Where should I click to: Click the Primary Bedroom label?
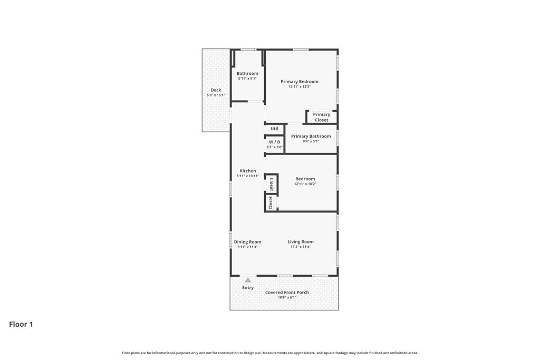coord(300,82)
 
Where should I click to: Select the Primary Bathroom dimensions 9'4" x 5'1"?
coord(311,141)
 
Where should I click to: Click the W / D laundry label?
coord(275,142)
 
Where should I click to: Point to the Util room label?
coord(274,129)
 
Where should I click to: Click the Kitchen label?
coord(248,171)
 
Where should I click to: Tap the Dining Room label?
coord(248,242)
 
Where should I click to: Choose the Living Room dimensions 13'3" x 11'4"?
coord(301,247)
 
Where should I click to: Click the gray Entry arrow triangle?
coord(248,280)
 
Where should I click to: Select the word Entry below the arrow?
coord(248,288)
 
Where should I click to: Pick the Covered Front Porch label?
coord(287,293)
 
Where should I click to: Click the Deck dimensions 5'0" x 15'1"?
coord(216,95)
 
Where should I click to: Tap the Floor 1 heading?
coord(21,325)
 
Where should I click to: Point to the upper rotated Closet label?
coord(271,184)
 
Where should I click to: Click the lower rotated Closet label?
coord(271,203)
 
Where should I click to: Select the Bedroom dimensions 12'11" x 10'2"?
coord(305,184)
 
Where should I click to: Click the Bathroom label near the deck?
coord(247,73)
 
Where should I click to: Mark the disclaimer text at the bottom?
coord(270,353)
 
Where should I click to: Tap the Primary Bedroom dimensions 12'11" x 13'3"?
coord(300,86)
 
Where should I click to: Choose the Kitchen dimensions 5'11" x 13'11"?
coord(248,176)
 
